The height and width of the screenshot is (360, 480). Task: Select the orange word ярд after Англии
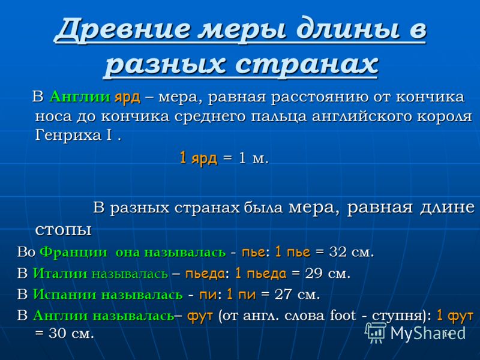[127, 98]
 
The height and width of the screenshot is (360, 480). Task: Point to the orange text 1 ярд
[199, 158]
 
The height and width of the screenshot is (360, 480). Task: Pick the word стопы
[64, 230]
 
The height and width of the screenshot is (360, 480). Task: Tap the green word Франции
[74, 252]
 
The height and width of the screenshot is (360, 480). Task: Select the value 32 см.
[352, 252]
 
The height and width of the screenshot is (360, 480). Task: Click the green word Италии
[60, 274]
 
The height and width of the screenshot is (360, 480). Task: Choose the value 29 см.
[328, 274]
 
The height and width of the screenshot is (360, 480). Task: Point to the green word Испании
[65, 295]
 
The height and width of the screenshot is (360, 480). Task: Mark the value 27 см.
[297, 295]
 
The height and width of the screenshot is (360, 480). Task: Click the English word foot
[343, 315]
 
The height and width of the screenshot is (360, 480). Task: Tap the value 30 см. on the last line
[71, 334]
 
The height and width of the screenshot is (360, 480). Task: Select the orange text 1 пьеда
[261, 274]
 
